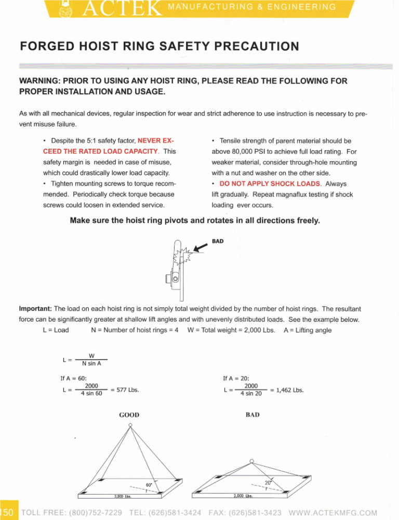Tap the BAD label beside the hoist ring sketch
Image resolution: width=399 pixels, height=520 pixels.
tap(218, 241)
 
